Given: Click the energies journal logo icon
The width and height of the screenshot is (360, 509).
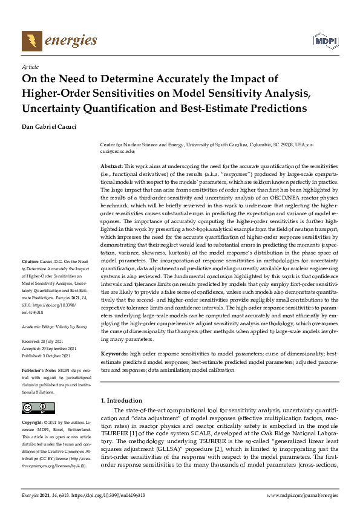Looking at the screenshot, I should click(30, 41).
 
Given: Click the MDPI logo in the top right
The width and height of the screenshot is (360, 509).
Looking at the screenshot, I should click(324, 41).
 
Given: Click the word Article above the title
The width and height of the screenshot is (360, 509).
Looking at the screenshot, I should click(30, 68).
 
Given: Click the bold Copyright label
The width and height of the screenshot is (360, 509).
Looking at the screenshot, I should click(34, 422).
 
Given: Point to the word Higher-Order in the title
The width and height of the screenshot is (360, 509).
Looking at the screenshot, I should click(57, 93).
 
